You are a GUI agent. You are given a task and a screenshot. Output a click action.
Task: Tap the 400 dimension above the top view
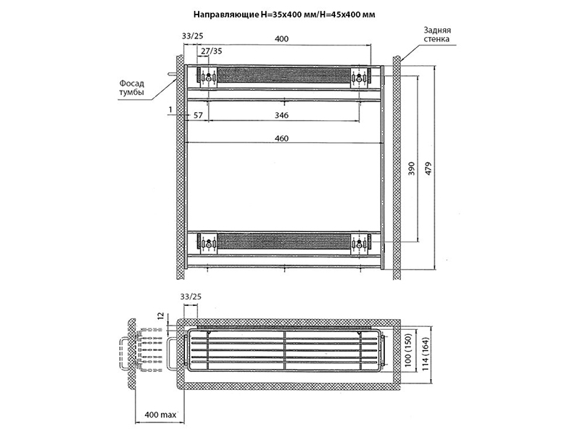[281, 38]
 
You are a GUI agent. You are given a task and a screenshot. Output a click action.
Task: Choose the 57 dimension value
[197, 115]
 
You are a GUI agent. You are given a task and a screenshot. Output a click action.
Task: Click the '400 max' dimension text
[161, 414]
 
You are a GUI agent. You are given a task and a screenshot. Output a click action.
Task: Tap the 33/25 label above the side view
[190, 297]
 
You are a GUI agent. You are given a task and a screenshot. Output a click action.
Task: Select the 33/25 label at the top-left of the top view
[192, 38]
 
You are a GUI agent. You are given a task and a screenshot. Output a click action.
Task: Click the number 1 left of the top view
[170, 109]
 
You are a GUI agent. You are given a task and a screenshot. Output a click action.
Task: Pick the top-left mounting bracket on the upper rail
[208, 76]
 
